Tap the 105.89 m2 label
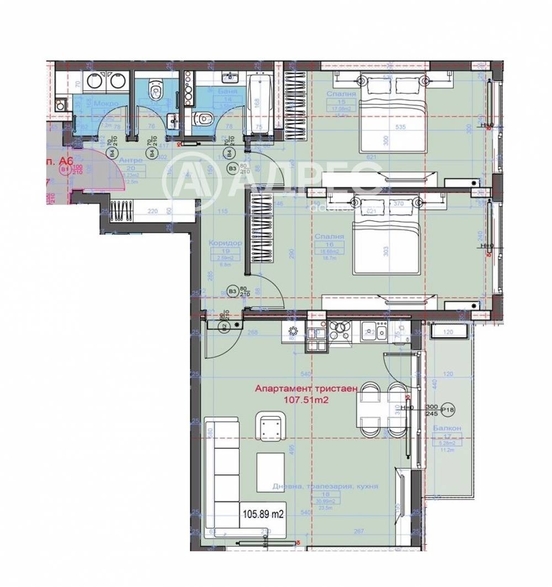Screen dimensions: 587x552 pos(263,514)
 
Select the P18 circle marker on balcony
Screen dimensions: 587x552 pos(448,410)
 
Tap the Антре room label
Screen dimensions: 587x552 pos(131,160)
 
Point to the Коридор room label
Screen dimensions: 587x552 pos(222,243)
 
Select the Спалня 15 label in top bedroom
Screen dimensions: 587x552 pos(341,94)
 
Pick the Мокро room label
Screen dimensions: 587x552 pos(105,104)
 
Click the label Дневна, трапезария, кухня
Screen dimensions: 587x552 pos(325,487)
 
